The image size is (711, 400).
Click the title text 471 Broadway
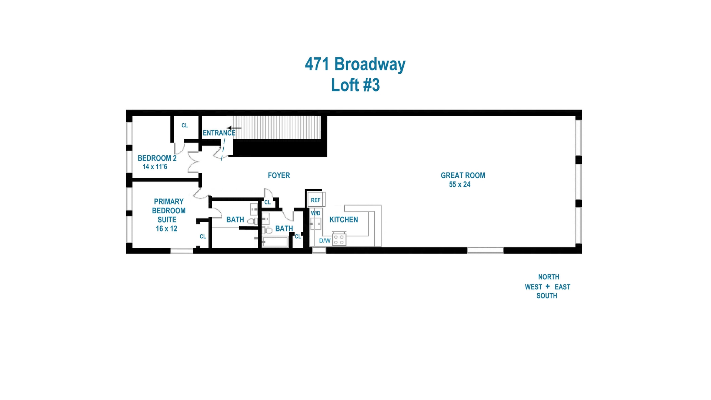click(x=355, y=64)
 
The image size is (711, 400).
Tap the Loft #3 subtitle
click(x=355, y=85)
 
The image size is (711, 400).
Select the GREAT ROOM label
click(x=463, y=176)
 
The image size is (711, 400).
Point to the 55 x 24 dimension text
click(x=460, y=184)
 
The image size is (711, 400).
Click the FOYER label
click(x=279, y=176)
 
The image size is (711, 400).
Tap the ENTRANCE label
click(x=219, y=133)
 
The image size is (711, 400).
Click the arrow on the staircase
click(x=234, y=128)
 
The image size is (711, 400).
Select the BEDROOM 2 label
click(x=157, y=158)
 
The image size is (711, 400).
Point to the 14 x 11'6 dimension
click(x=155, y=167)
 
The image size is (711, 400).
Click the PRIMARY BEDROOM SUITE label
click(x=168, y=210)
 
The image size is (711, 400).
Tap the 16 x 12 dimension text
click(x=166, y=229)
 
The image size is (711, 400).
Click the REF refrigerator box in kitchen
click(x=316, y=200)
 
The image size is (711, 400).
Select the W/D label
click(x=316, y=213)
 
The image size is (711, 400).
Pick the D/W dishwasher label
click(x=325, y=241)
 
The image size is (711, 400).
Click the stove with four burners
click(x=339, y=239)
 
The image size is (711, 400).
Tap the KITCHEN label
click(x=344, y=220)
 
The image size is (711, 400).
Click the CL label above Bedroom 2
click(x=185, y=126)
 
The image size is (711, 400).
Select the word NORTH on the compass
click(x=548, y=277)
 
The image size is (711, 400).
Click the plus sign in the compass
click(x=548, y=286)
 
